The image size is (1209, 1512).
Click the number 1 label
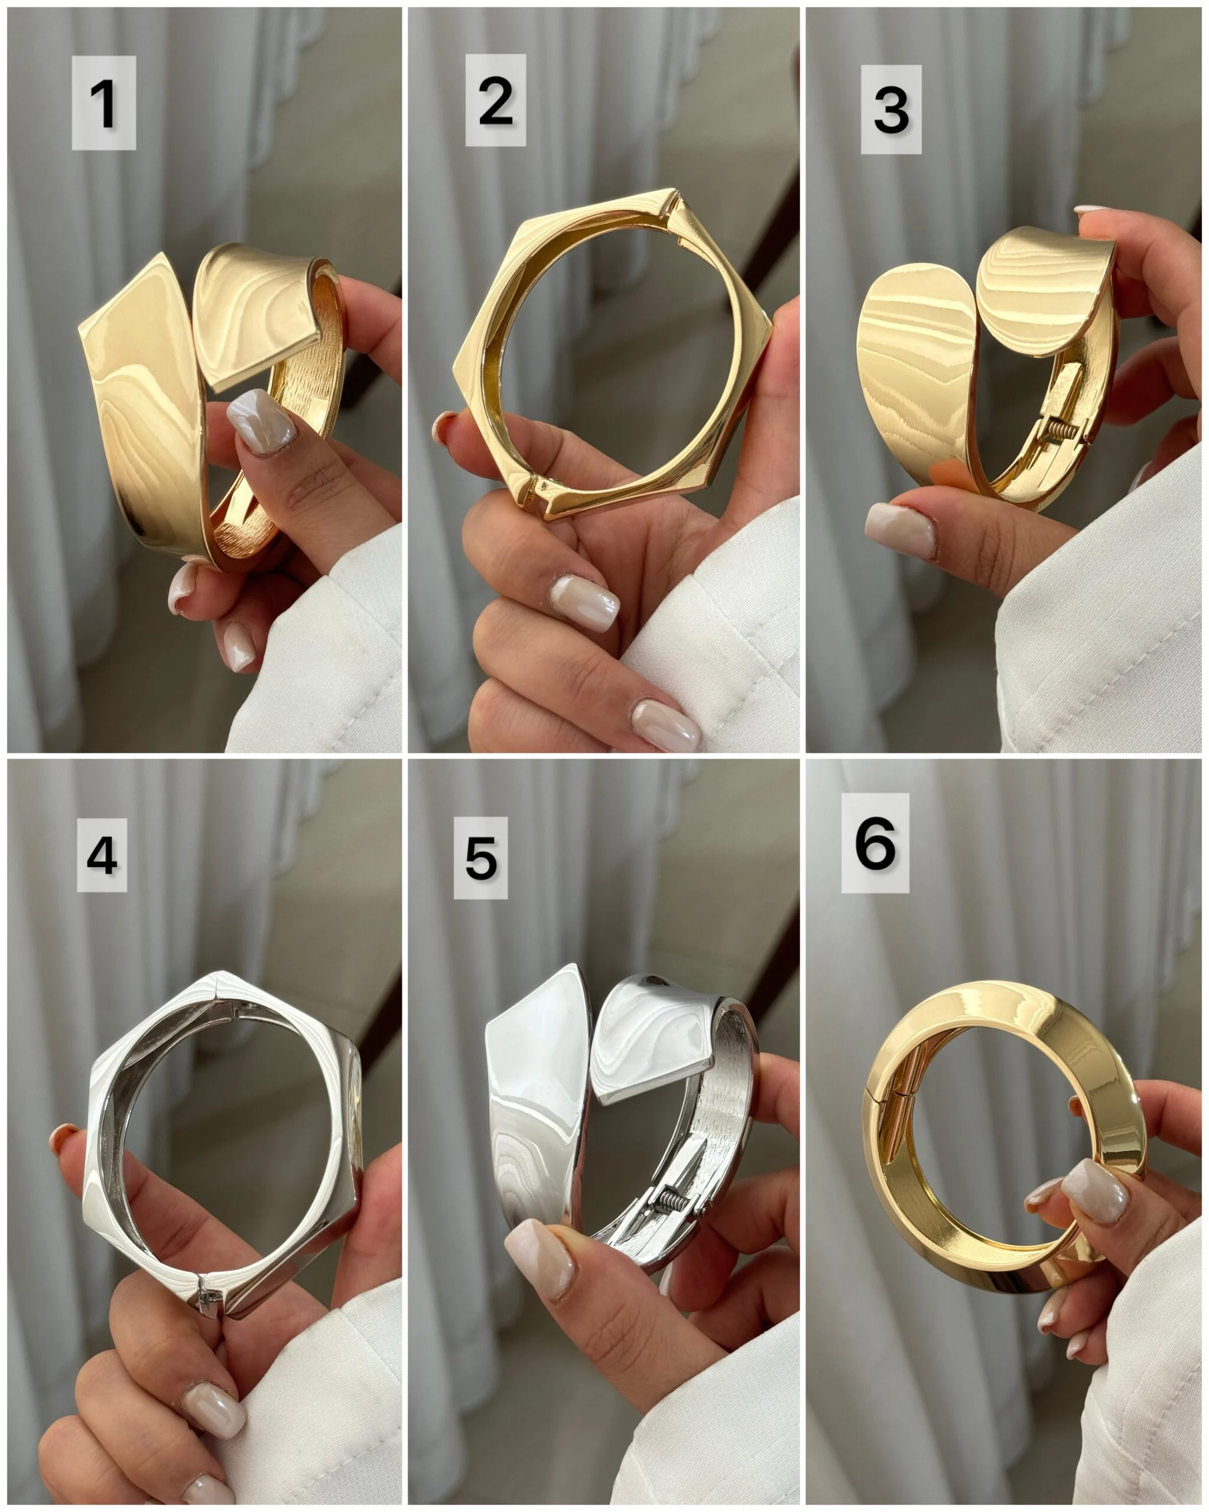click(x=103, y=103)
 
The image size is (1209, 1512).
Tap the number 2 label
click(x=495, y=100)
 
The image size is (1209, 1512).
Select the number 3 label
click(x=891, y=109)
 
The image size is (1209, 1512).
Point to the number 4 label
click(x=102, y=856)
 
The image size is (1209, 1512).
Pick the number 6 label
click(x=876, y=843)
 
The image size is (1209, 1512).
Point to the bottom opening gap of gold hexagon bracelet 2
click(x=544, y=490)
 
